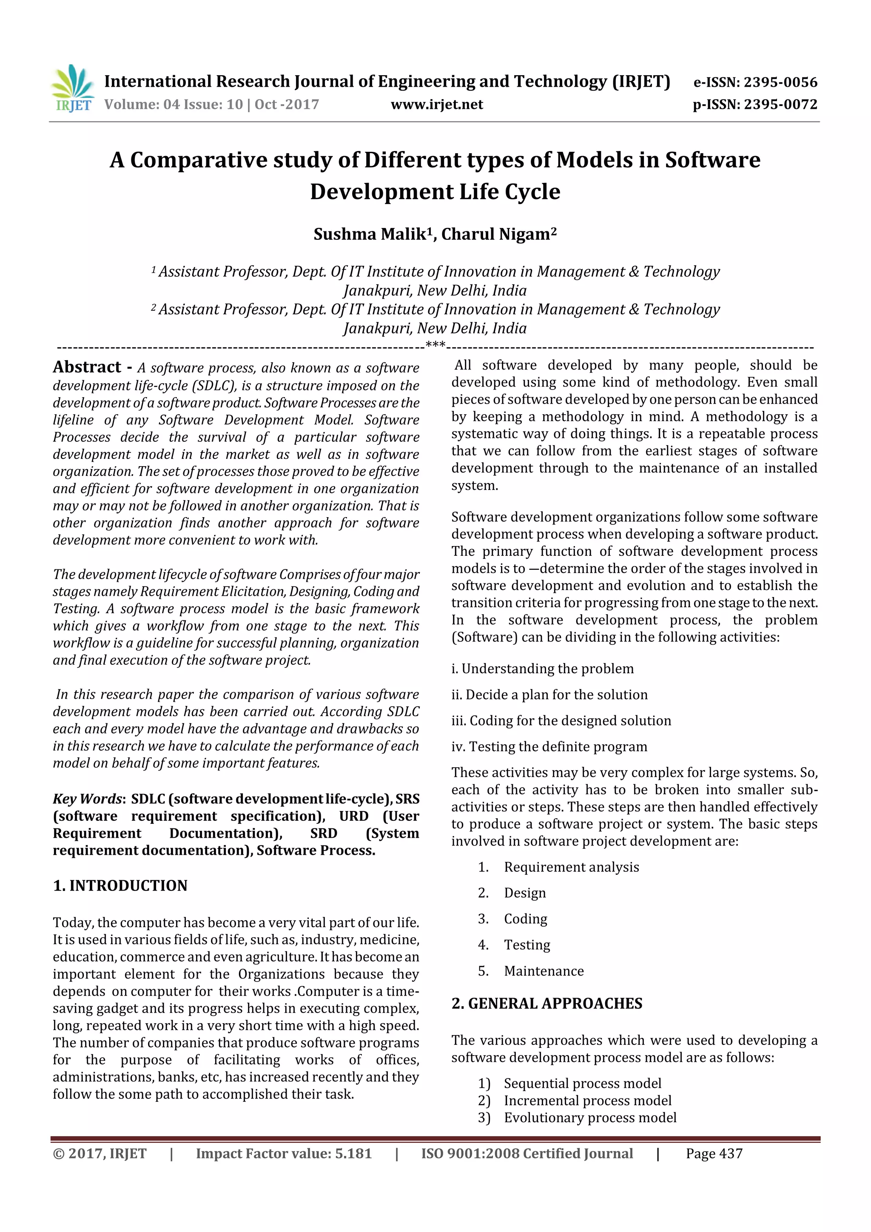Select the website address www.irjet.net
point(436,104)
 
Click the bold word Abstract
point(87,367)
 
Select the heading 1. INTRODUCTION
point(120,885)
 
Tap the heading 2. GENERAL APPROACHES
point(547,1003)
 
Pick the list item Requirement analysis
point(571,867)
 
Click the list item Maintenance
point(543,971)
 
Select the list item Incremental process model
point(587,1101)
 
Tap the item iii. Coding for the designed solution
point(561,721)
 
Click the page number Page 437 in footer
point(714,1154)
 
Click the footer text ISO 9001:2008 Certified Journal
point(527,1154)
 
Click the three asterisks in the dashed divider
point(435,345)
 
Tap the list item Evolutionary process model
point(590,1118)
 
